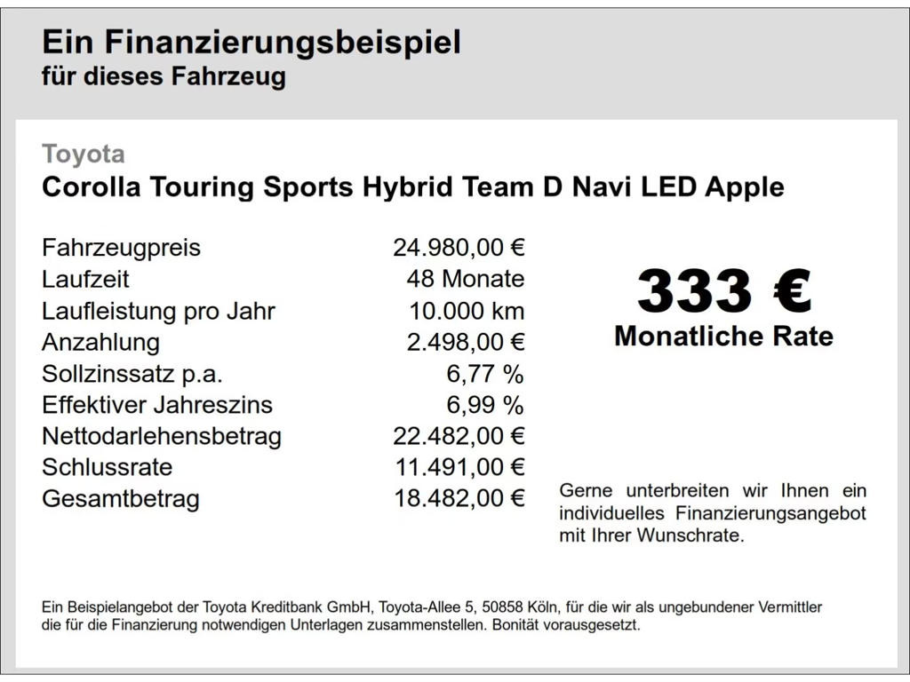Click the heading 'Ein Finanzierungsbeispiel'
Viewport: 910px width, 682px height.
click(251, 42)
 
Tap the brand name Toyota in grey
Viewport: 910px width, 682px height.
click(84, 155)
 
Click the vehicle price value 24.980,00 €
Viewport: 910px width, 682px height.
click(459, 248)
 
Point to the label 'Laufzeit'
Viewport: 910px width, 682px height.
click(85, 279)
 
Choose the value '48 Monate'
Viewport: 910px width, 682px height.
click(465, 279)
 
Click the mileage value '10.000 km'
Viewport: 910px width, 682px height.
click(467, 311)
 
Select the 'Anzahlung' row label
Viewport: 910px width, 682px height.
click(100, 342)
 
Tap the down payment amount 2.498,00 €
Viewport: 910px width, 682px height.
click(465, 342)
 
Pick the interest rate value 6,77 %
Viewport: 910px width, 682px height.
click(484, 374)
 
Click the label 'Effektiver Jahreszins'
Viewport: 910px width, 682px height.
click(157, 405)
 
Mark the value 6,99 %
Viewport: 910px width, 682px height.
click(484, 405)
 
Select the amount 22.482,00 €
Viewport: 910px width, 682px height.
click(459, 436)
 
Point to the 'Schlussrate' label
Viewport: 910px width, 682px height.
click(107, 467)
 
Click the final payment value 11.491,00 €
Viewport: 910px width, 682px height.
click(459, 467)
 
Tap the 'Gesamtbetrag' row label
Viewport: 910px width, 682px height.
click(121, 499)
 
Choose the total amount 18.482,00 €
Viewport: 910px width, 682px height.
click(459, 499)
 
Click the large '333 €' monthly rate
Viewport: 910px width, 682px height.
click(723, 291)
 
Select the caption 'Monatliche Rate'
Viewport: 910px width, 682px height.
click(723, 337)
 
